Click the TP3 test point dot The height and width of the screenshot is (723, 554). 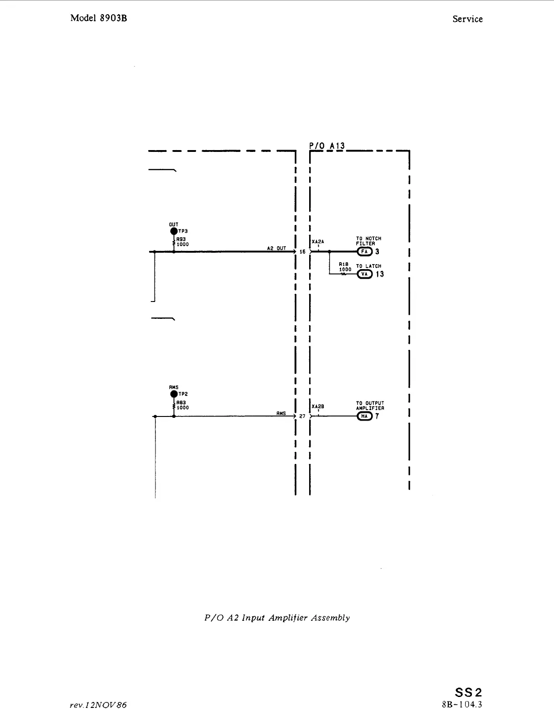click(x=174, y=231)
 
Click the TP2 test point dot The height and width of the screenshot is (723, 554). click(x=174, y=394)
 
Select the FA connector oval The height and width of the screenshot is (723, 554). click(x=364, y=251)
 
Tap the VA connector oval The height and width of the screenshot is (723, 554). click(x=364, y=274)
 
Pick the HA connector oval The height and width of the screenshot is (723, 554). click(x=364, y=416)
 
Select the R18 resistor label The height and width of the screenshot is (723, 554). click(x=344, y=264)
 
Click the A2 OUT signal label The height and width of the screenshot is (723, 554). click(x=276, y=249)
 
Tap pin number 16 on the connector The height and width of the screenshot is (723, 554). click(x=302, y=252)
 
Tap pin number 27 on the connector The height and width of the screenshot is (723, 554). click(x=302, y=416)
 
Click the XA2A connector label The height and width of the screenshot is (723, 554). click(x=318, y=242)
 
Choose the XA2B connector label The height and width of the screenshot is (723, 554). click(x=318, y=406)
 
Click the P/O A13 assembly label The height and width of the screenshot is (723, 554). click(x=327, y=146)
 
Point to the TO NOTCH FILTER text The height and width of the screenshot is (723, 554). click(x=368, y=241)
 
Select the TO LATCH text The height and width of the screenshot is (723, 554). click(x=368, y=266)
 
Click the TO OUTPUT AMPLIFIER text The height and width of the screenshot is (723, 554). click(x=370, y=406)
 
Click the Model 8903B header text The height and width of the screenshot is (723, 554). click(x=98, y=18)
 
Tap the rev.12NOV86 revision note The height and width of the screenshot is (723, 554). click(x=98, y=705)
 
